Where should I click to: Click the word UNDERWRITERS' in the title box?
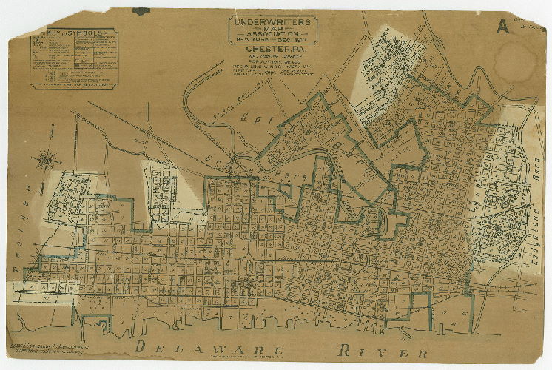point(272,22)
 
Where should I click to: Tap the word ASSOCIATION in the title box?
point(272,34)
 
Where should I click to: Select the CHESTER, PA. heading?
point(272,49)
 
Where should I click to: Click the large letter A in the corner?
point(503,27)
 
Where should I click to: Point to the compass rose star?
point(50,158)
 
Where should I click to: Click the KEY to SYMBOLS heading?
point(72,34)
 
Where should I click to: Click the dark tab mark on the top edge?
point(141,11)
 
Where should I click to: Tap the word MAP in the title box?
point(272,28)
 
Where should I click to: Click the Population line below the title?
point(272,61)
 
